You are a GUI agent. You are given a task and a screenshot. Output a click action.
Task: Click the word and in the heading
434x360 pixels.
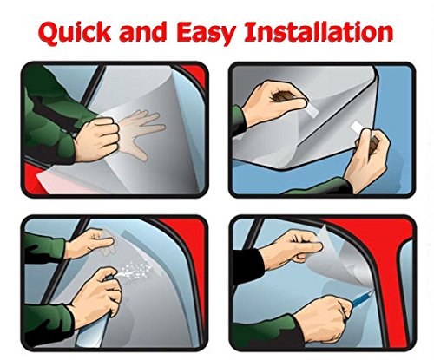[x=146, y=32]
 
